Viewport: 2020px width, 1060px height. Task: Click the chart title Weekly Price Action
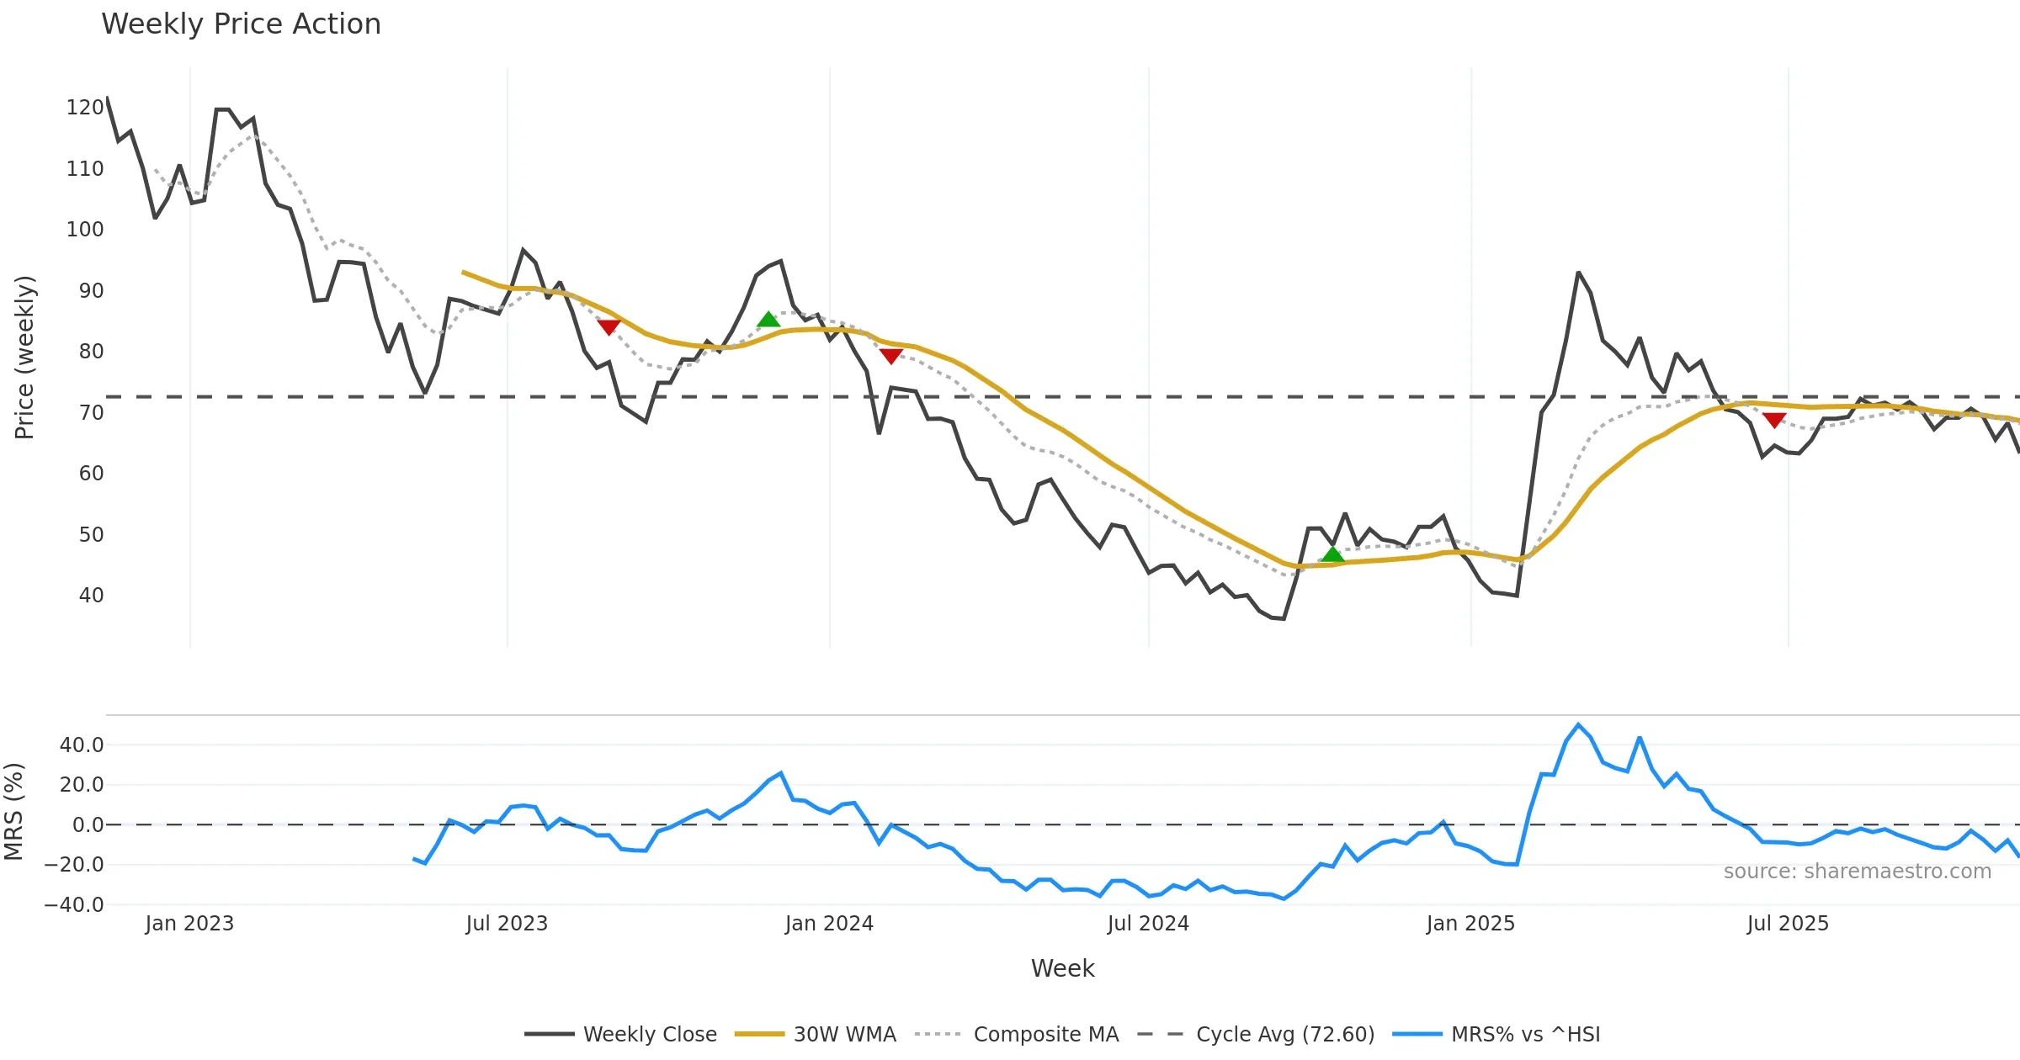241,24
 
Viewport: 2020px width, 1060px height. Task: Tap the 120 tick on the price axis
85,108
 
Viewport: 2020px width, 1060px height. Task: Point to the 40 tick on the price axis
91,596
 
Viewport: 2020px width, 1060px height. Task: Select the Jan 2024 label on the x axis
829,924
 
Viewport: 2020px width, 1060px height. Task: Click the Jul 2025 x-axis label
1788,924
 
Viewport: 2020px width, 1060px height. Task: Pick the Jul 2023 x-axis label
507,924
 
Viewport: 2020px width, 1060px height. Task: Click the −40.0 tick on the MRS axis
74,905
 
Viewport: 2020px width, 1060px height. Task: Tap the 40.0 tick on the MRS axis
82,745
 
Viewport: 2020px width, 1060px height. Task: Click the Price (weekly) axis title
25,358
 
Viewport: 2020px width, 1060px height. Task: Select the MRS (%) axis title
13,812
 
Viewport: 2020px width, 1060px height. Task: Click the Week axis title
1062,969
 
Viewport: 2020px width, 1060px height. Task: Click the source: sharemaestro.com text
1857,872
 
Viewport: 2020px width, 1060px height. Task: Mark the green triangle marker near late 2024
1332,554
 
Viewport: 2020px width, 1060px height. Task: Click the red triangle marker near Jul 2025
1774,420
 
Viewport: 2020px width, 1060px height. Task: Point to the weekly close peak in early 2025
1578,273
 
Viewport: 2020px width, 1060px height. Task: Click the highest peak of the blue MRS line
1578,724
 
